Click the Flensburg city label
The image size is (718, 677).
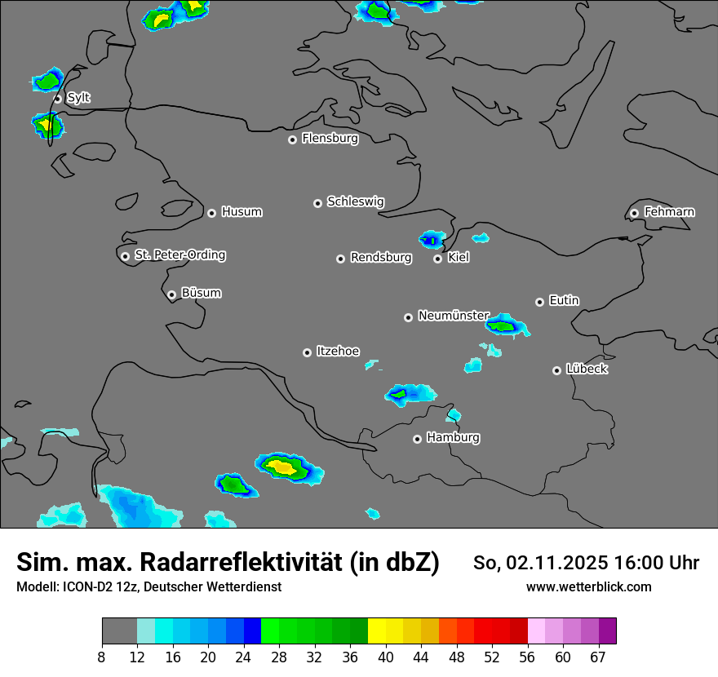pyautogui.click(x=330, y=139)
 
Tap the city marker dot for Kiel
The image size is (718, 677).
pyautogui.click(x=437, y=259)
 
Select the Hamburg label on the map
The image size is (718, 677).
pyautogui.click(x=453, y=438)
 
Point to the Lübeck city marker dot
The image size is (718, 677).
pyautogui.click(x=556, y=370)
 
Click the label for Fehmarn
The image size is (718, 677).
pyautogui.click(x=669, y=212)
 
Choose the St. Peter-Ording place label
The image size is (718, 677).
pyautogui.click(x=179, y=255)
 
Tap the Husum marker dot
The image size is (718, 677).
pyautogui.click(x=211, y=213)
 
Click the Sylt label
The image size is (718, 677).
pyautogui.click(x=78, y=98)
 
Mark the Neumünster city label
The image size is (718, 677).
pyautogui.click(x=453, y=316)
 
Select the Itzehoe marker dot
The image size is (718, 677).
pyautogui.click(x=307, y=352)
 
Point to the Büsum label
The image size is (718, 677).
pyautogui.click(x=201, y=293)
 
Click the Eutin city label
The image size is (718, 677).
pyautogui.click(x=564, y=301)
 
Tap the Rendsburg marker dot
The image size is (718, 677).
pyautogui.click(x=340, y=259)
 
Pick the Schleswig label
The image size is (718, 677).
pyautogui.click(x=355, y=201)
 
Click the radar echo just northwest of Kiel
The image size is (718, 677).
pyautogui.click(x=432, y=239)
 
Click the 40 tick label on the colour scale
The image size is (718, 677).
pyautogui.click(x=386, y=657)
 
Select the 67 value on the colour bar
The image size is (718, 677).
pyautogui.click(x=598, y=657)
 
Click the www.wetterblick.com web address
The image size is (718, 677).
pyautogui.click(x=588, y=586)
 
